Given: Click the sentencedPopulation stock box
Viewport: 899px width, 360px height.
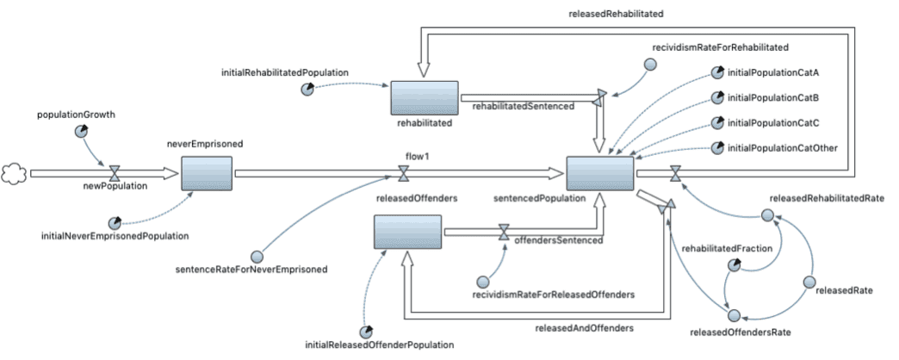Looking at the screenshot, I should click(599, 173).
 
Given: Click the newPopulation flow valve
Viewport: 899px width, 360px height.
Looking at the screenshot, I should click(114, 174).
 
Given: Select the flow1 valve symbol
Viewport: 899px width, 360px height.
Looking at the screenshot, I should click(403, 174).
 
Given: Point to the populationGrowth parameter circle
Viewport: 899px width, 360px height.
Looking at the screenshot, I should click(81, 131).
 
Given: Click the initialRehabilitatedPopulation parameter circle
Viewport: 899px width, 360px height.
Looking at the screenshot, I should click(307, 90).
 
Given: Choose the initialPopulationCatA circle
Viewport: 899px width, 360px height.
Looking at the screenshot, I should click(717, 73).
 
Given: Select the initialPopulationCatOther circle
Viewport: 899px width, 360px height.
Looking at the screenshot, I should click(717, 148).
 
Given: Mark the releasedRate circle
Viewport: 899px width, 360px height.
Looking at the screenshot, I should click(809, 282).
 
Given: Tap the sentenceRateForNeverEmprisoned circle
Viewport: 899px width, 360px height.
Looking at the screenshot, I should click(256, 256).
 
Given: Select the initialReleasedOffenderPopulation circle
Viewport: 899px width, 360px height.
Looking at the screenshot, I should click(368, 332).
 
